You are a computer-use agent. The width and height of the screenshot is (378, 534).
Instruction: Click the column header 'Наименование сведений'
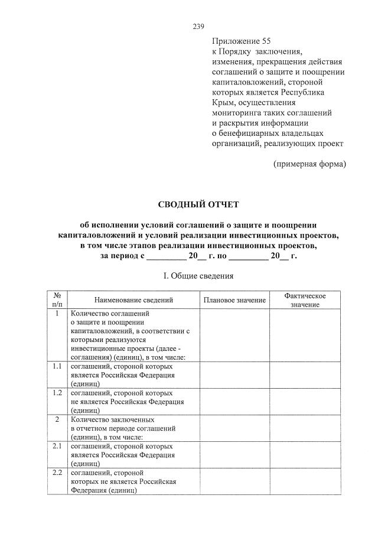pos(133,300)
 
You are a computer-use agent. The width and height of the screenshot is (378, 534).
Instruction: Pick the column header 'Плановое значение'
pos(234,300)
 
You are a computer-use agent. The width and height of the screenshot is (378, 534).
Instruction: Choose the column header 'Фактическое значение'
pos(305,299)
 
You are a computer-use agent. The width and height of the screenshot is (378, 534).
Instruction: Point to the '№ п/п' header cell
pos(57,299)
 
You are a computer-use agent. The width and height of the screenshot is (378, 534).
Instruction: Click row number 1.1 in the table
pos(57,367)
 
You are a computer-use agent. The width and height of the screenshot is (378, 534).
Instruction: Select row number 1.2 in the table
pos(57,393)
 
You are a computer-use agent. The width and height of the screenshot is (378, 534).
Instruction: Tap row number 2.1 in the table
pos(57,446)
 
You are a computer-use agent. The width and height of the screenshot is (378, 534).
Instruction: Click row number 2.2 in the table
pos(57,473)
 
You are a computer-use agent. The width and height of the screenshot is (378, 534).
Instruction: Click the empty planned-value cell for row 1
pos(234,335)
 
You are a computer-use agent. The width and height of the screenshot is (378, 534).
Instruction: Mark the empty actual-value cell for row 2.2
pos(305,481)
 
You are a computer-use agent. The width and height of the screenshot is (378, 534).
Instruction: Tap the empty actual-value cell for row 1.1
pos(305,375)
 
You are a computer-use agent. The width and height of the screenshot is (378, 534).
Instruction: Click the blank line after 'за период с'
pos(165,257)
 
